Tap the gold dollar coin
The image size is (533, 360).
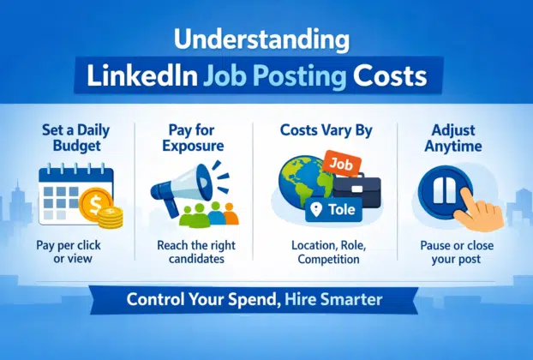point(96,202)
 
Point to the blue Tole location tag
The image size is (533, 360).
point(335,211)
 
